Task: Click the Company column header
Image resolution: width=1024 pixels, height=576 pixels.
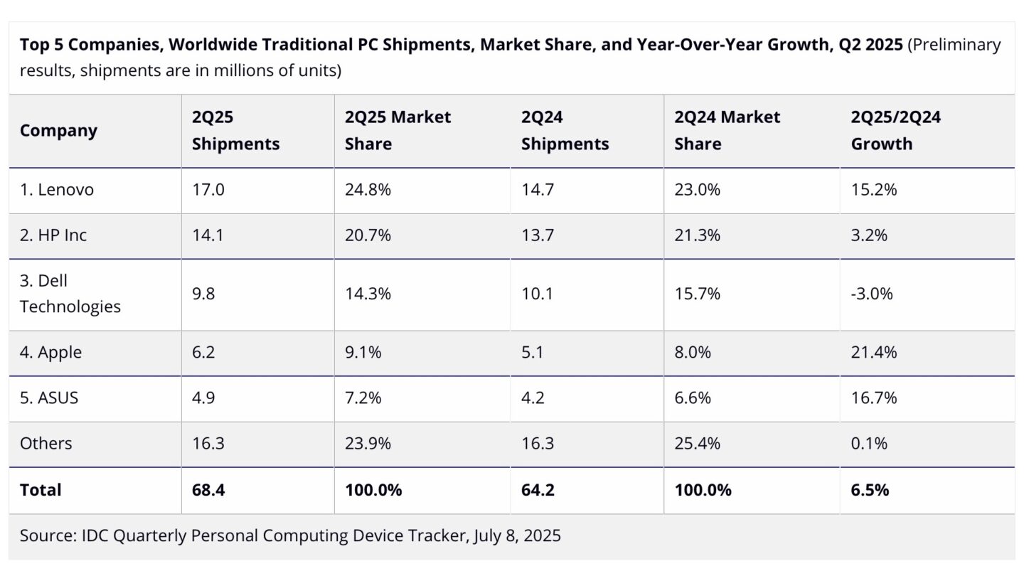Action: point(58,131)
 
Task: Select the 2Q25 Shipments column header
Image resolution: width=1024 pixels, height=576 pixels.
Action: point(235,131)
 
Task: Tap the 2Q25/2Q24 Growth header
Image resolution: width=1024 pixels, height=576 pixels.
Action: point(895,131)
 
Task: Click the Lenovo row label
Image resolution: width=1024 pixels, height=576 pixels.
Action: point(56,190)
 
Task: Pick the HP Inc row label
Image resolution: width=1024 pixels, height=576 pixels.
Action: point(53,235)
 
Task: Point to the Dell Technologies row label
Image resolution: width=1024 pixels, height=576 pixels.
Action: point(70,294)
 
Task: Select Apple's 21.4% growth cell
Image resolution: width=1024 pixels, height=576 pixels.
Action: point(874,353)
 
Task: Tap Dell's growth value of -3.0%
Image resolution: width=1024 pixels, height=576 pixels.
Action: point(872,294)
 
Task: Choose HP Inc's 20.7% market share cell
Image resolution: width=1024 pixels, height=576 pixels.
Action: point(368,235)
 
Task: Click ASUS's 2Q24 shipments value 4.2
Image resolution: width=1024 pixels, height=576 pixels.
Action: point(533,398)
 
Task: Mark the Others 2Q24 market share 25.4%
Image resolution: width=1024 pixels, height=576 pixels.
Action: point(697,444)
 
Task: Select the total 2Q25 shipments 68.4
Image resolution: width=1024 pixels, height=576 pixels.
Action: point(208,490)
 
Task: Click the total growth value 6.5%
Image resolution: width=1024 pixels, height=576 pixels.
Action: point(870,490)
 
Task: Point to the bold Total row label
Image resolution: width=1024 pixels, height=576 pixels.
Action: point(41,490)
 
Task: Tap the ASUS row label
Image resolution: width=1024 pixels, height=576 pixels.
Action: point(49,398)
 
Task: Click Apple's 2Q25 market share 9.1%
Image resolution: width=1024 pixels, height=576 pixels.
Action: point(363,353)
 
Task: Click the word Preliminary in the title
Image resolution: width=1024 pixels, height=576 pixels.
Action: point(954,46)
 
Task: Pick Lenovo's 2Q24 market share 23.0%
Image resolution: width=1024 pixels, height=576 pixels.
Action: point(697,190)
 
